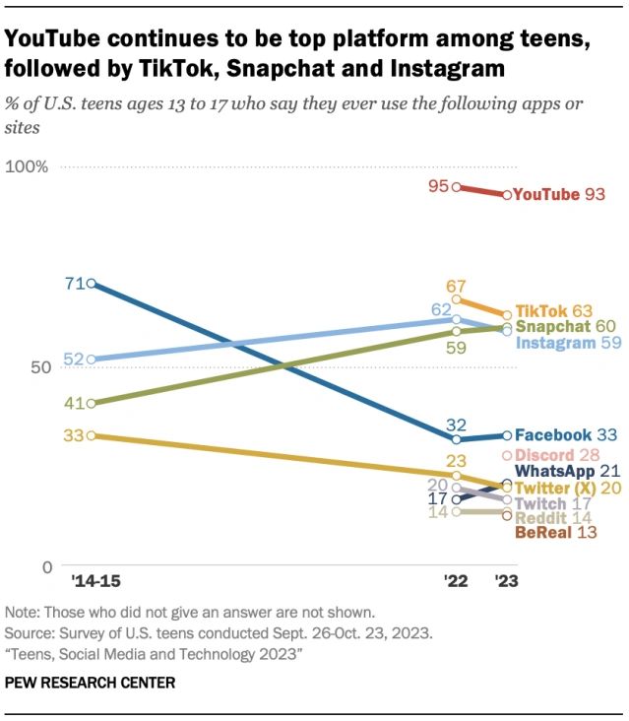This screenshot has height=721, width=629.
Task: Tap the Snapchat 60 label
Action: click(565, 327)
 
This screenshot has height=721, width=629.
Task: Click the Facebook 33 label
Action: click(566, 434)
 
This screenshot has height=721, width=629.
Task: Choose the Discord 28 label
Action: click(561, 455)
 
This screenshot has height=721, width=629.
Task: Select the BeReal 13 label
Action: click(556, 533)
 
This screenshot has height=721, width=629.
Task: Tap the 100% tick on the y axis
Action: click(28, 166)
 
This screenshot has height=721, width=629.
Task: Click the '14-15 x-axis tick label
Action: click(90, 581)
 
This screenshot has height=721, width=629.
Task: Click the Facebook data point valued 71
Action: click(91, 284)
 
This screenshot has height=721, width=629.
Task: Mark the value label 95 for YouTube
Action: click(438, 185)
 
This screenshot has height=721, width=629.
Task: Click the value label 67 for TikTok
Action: click(455, 285)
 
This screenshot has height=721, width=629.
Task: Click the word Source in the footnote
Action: click(28, 628)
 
